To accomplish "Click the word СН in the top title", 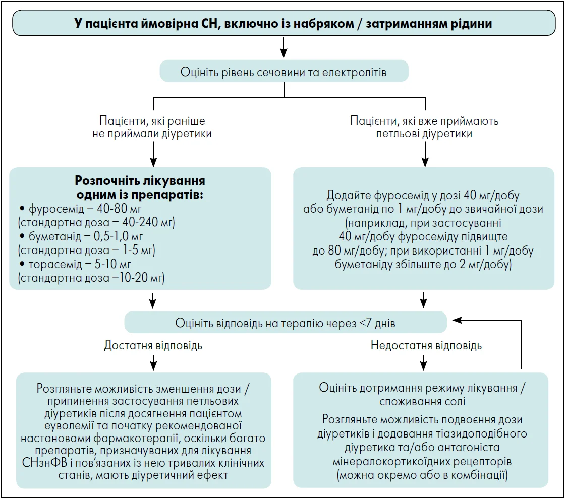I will (x=207, y=24).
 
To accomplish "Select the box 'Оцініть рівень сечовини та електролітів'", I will (x=284, y=72).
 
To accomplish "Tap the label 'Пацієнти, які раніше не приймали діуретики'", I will (x=152, y=128).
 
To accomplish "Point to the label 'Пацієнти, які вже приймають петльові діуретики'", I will (x=425, y=128).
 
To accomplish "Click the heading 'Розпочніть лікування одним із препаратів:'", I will (x=140, y=188).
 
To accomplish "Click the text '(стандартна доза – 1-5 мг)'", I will (x=86, y=250).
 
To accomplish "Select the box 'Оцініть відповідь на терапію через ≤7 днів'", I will (x=285, y=323).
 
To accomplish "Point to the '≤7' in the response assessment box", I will (x=367, y=323).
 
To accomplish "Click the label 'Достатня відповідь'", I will (x=153, y=345).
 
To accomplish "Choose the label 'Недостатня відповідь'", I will (x=426, y=345).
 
